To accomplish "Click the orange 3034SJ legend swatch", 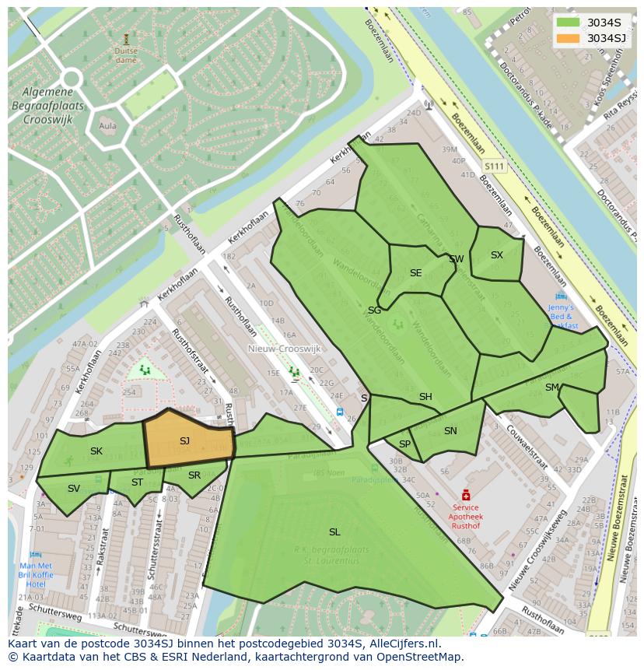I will click(x=568, y=38).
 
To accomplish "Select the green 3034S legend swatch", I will click(x=568, y=22).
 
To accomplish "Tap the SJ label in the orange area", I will click(x=184, y=441).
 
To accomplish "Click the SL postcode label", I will click(x=334, y=532).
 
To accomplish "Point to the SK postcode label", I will click(x=96, y=451).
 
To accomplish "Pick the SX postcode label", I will click(x=496, y=255).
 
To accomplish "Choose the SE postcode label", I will click(x=415, y=273).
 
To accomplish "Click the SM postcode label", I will click(x=551, y=388).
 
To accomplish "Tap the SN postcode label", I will click(x=450, y=431).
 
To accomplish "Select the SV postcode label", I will click(x=74, y=489).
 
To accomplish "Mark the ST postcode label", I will click(x=137, y=482).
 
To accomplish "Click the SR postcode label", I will click(x=194, y=475).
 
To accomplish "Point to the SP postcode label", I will click(x=404, y=444).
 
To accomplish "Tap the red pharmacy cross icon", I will click(x=466, y=495).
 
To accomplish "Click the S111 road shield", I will click(x=493, y=167).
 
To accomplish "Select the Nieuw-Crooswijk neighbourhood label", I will click(x=278, y=349).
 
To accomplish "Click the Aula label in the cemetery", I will click(x=108, y=125).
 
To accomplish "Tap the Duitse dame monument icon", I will click(x=126, y=38).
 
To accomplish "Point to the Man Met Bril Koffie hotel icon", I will click(x=36, y=555).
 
